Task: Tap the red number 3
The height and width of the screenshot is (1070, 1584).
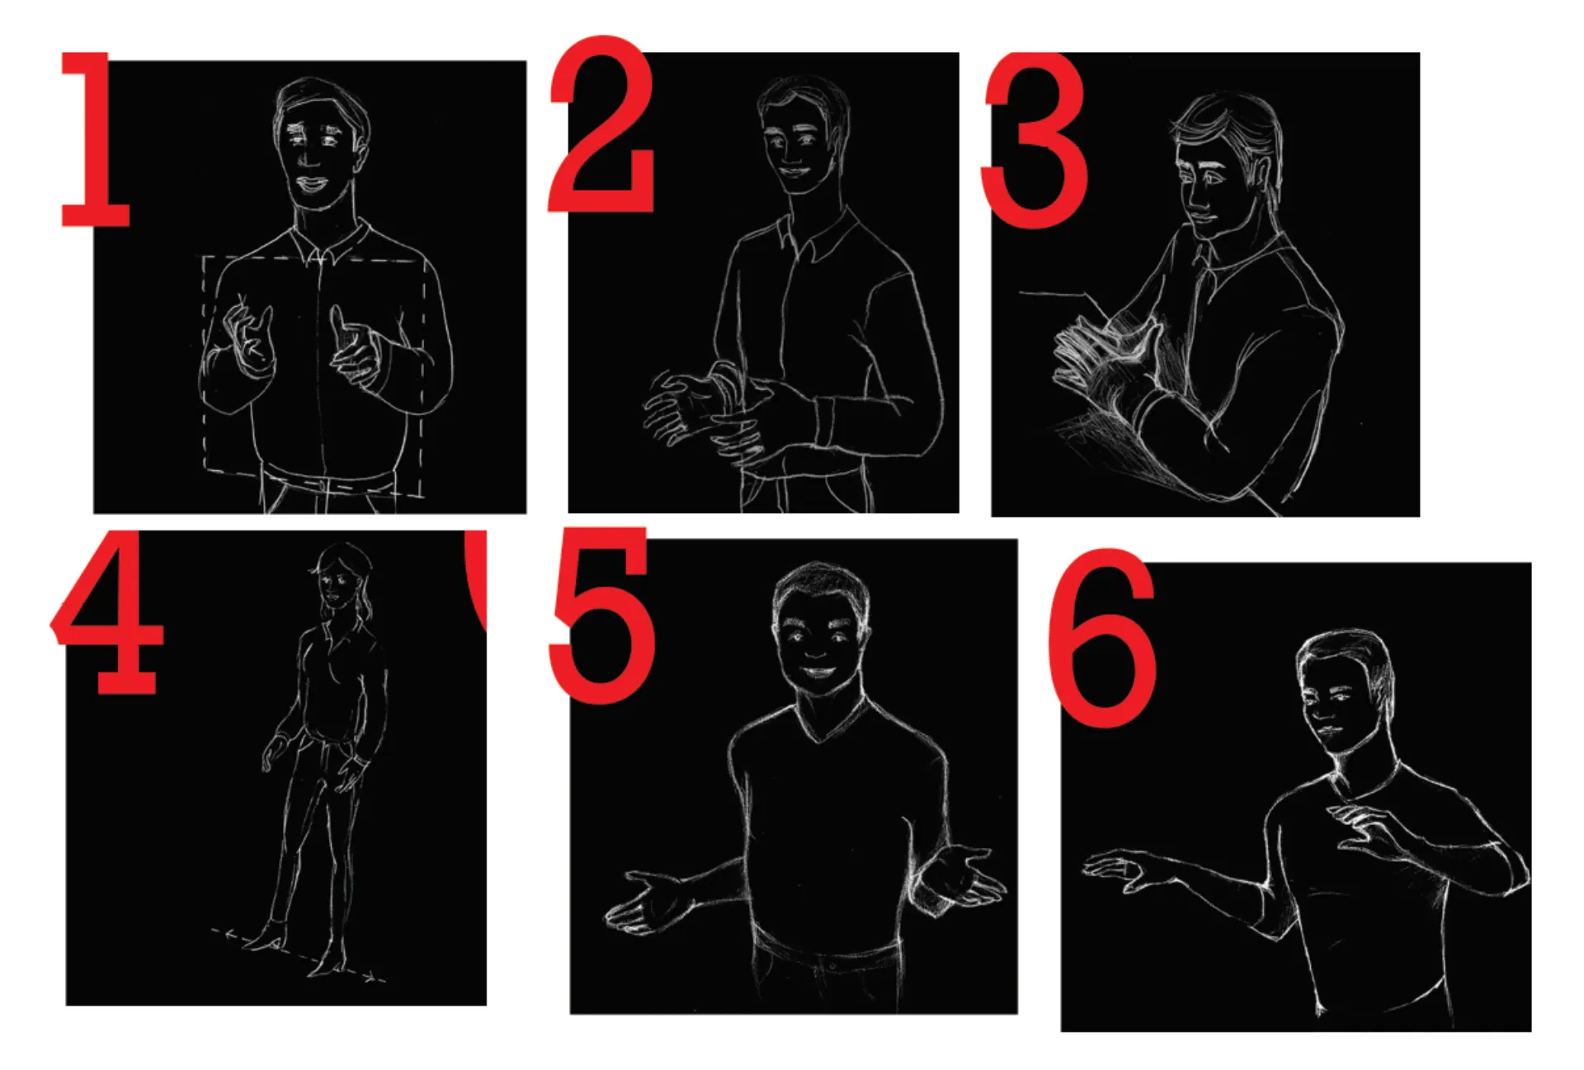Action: (x=1035, y=140)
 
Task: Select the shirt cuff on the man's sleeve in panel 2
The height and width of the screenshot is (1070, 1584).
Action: (x=825, y=422)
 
